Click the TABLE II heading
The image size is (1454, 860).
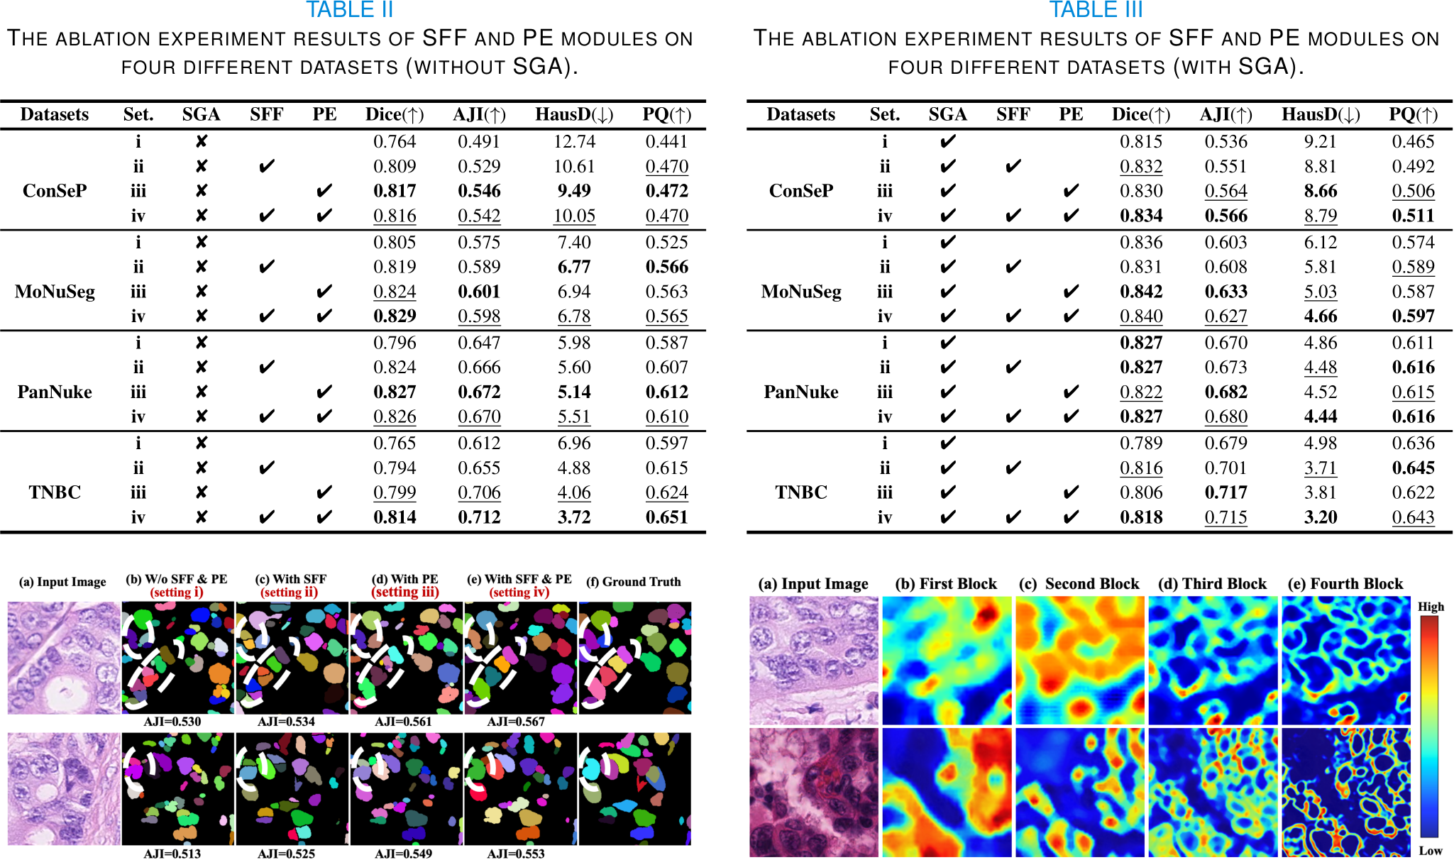tap(349, 10)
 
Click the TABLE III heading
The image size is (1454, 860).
tap(1096, 10)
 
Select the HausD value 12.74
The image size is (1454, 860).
tap(574, 142)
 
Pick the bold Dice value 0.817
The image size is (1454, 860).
tap(395, 191)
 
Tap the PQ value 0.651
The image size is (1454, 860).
tap(666, 517)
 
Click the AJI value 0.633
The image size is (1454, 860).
tap(1226, 292)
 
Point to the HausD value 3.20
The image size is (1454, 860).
tap(1320, 517)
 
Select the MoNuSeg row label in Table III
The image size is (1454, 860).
tap(801, 292)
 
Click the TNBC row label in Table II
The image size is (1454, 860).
tap(55, 492)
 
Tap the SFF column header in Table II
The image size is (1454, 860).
tap(266, 115)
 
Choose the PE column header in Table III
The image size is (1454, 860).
tap(1071, 115)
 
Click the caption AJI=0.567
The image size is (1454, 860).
tap(516, 722)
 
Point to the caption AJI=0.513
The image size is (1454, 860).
tap(172, 854)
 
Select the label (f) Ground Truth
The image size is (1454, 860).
tap(634, 582)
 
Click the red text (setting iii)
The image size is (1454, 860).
tap(405, 592)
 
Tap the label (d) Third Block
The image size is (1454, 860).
tap(1212, 584)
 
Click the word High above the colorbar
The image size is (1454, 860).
tap(1431, 607)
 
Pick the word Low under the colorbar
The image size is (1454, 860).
tap(1431, 851)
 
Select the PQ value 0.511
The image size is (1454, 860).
tap(1413, 216)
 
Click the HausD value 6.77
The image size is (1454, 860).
tap(574, 268)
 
